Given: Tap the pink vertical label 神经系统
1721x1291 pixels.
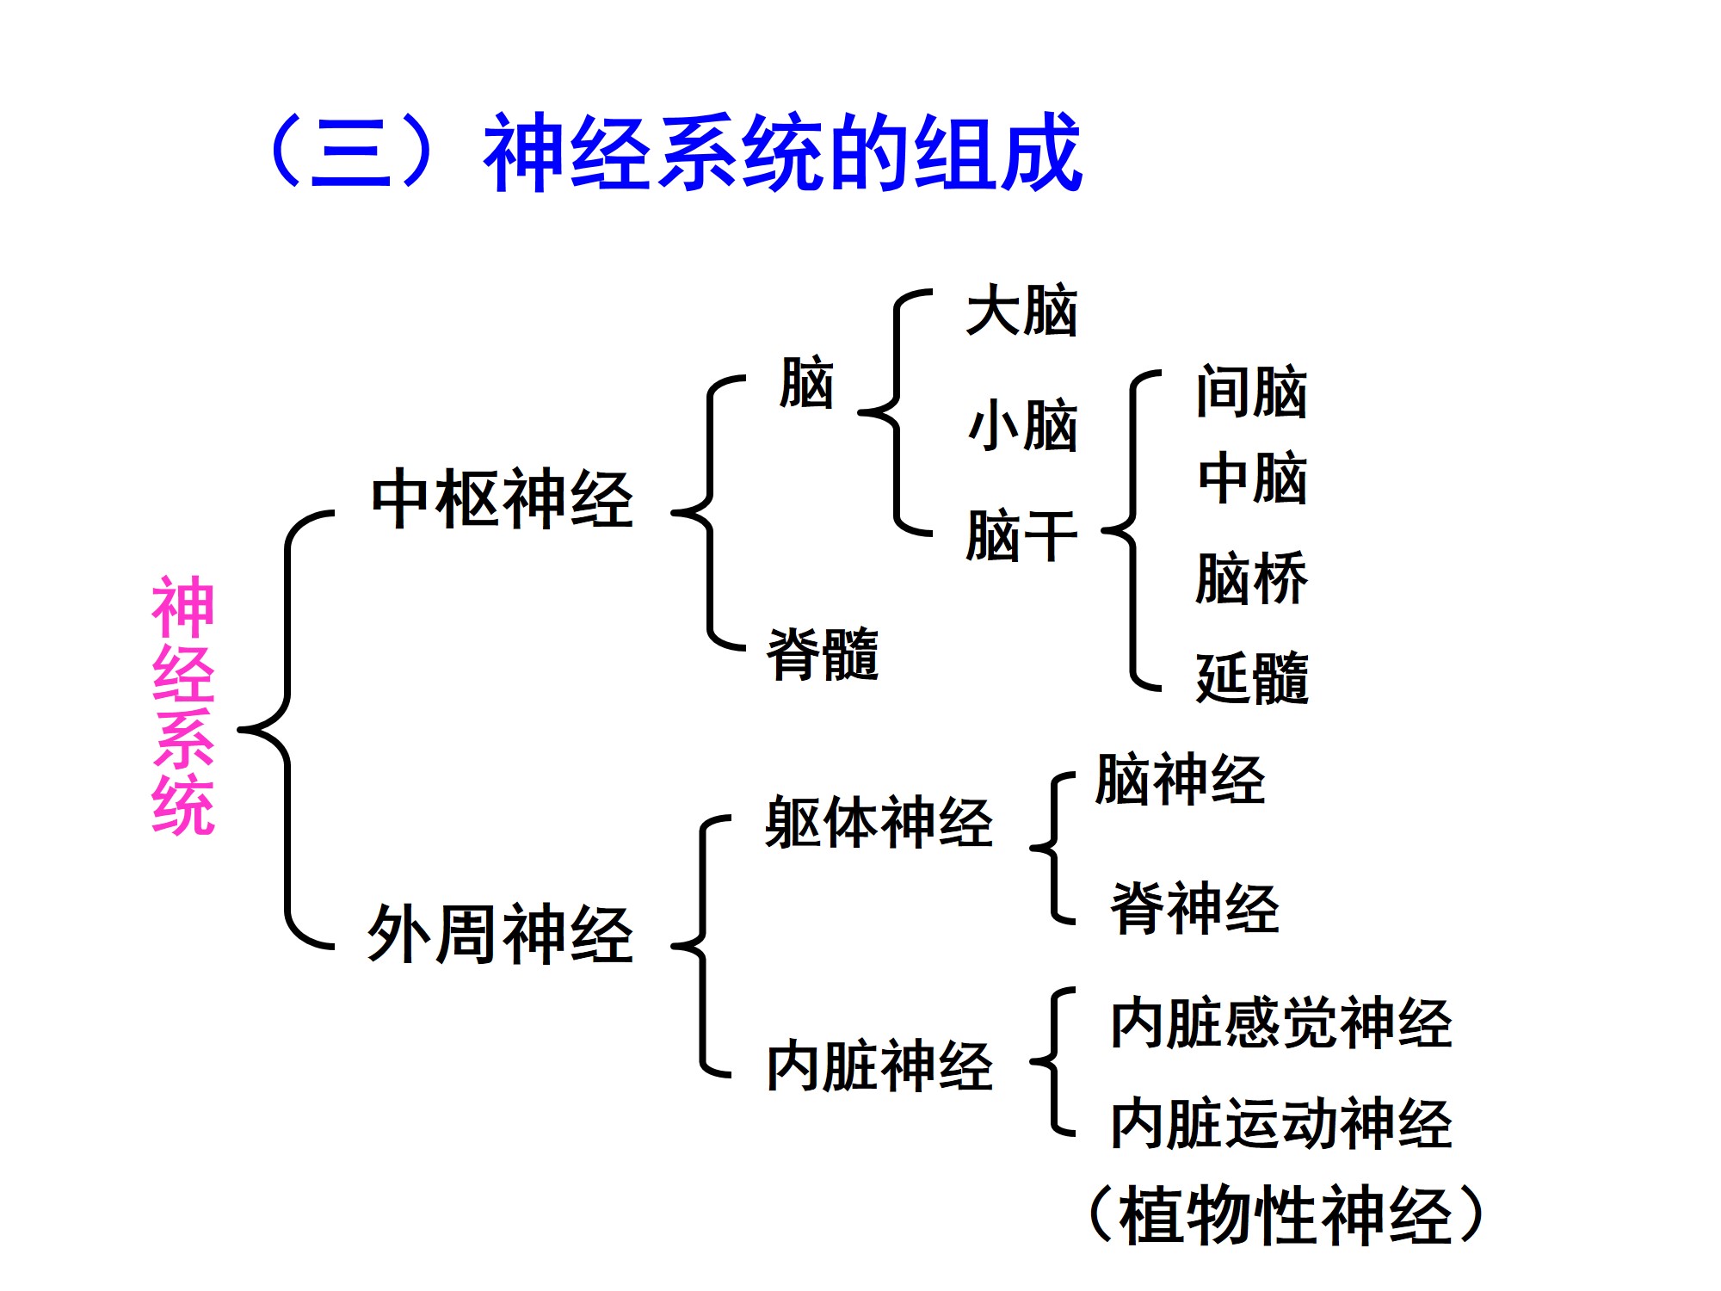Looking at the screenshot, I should [x=183, y=706].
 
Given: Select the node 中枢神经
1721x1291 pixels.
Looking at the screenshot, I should [x=502, y=499].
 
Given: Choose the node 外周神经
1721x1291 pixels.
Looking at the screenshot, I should [x=500, y=934].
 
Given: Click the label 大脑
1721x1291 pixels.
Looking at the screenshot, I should [x=1021, y=311].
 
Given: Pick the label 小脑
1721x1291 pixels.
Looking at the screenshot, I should [x=1021, y=425].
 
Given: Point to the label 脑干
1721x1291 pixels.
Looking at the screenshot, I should [x=1021, y=535].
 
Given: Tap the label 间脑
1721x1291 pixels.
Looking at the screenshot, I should [x=1251, y=392].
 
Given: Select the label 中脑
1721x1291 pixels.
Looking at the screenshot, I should [x=1252, y=479].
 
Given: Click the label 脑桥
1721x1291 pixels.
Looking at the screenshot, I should [x=1251, y=578].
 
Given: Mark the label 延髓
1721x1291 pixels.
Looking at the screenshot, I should [x=1252, y=678].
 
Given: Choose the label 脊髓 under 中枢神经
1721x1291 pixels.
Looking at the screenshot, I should [x=823, y=654].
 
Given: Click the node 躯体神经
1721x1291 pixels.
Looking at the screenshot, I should [x=879, y=823].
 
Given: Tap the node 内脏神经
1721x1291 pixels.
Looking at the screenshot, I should [x=879, y=1066].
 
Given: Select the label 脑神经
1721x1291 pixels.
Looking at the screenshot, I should [x=1180, y=780].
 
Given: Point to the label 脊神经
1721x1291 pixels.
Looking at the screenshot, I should [x=1194, y=908].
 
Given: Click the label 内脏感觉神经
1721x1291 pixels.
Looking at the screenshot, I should [x=1280, y=1023].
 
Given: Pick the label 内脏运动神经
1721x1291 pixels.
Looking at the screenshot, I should [x=1280, y=1123].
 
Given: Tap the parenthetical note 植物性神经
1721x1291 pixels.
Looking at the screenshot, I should [x=1286, y=1215].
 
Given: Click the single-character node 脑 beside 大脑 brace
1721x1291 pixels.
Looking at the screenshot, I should [x=806, y=383].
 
